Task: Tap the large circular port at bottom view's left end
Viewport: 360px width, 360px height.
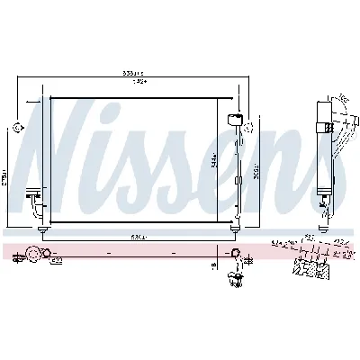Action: coord(33,255)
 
